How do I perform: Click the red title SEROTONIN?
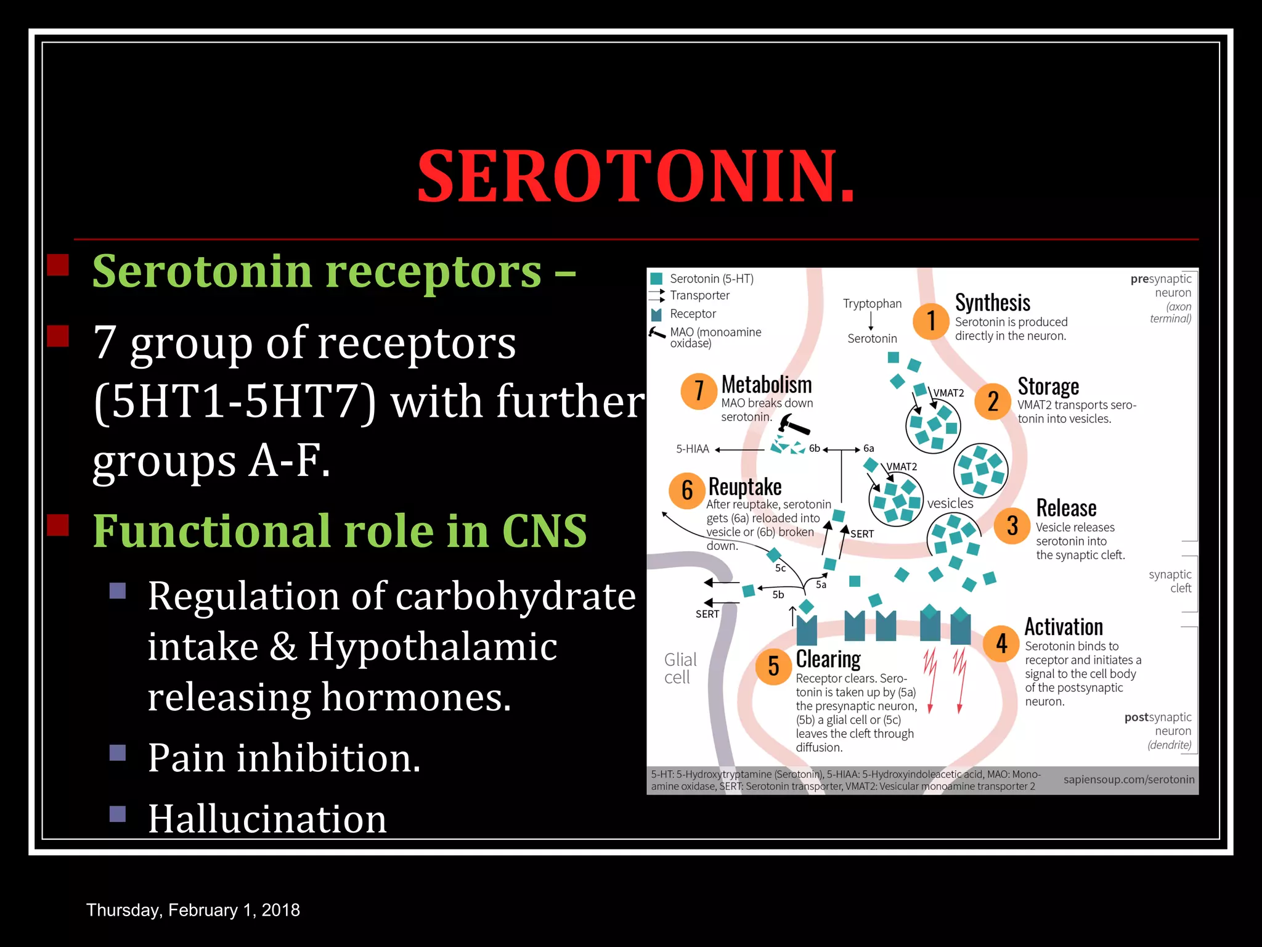[636, 176]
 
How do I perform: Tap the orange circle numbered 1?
[930, 321]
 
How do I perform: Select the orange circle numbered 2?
[992, 401]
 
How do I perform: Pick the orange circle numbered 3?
[1012, 526]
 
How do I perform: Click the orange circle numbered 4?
[1001, 644]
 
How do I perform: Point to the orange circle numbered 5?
[773, 666]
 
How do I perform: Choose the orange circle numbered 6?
[687, 491]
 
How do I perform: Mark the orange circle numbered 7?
[699, 390]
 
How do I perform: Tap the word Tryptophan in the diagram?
[872, 303]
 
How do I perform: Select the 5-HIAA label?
[693, 449]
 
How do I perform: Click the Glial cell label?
[680, 668]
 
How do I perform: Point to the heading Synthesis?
[993, 303]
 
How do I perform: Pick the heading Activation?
[1064, 627]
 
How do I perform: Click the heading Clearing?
[828, 659]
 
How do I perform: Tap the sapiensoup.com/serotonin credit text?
[1129, 779]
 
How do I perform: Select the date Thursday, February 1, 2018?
[193, 910]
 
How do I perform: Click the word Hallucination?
[267, 819]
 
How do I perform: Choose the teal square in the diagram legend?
[656, 279]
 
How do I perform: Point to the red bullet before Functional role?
[58, 525]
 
